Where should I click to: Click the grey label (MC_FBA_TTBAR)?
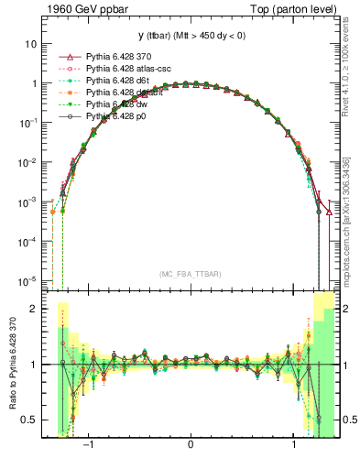click(x=191, y=275)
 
